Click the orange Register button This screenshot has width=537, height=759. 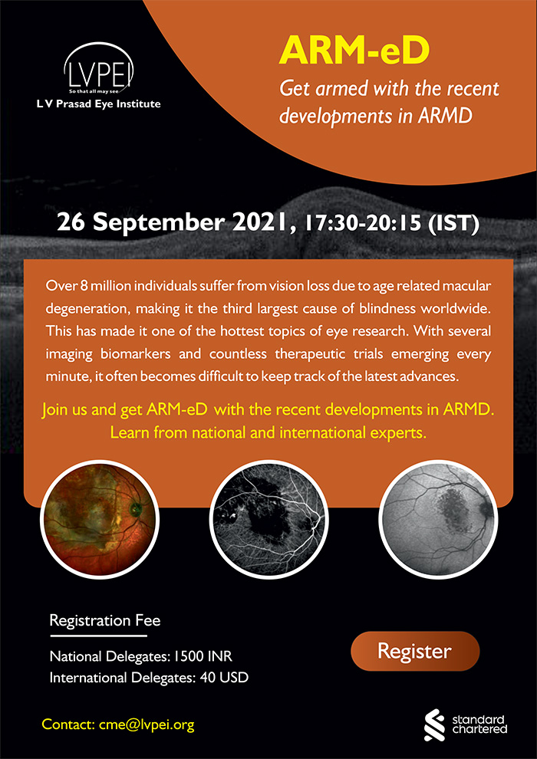click(415, 651)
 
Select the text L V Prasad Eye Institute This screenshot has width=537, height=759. click(99, 103)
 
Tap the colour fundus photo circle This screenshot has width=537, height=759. click(100, 518)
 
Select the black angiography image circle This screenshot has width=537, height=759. click(268, 518)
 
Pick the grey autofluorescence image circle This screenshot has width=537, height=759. click(438, 518)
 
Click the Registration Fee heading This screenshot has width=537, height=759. click(105, 620)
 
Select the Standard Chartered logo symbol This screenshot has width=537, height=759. click(434, 724)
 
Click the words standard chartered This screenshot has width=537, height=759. click(479, 724)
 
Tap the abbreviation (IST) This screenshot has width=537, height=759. click(452, 225)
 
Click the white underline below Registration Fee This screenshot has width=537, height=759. click(98, 636)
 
